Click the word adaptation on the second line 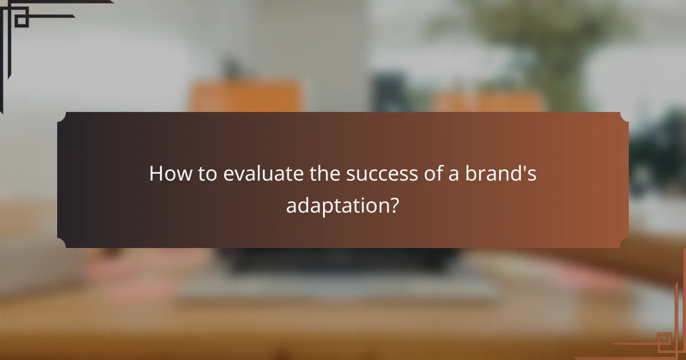coord(336,205)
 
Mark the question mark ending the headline coord(394,205)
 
